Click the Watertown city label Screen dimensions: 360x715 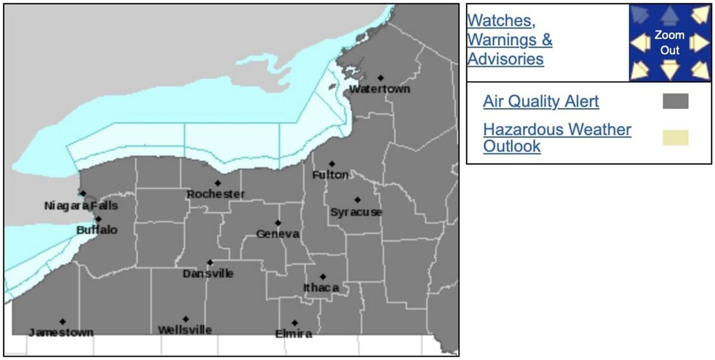(380, 89)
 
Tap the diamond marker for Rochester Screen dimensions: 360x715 (218, 183)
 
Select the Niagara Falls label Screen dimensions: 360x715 (81, 206)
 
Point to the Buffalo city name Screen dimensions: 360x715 (97, 230)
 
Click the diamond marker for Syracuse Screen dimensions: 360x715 (357, 200)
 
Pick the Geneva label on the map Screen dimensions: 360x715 (278, 234)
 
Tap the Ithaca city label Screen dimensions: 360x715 (321, 288)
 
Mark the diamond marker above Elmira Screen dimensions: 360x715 (294, 323)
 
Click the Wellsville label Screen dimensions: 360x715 (185, 330)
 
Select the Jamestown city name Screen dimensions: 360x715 (61, 333)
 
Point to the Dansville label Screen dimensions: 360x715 (208, 274)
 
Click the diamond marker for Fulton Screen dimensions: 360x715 (332, 164)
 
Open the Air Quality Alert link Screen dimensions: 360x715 (541, 101)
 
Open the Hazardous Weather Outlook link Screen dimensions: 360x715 (557, 138)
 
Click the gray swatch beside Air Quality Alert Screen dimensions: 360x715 (676, 101)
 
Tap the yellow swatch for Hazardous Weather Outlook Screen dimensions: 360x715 (676, 138)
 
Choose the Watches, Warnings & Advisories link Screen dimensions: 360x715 (509, 39)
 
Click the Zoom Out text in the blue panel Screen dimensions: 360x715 (670, 43)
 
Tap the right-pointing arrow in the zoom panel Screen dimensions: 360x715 (700, 43)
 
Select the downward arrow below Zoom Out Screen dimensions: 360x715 (670, 70)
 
